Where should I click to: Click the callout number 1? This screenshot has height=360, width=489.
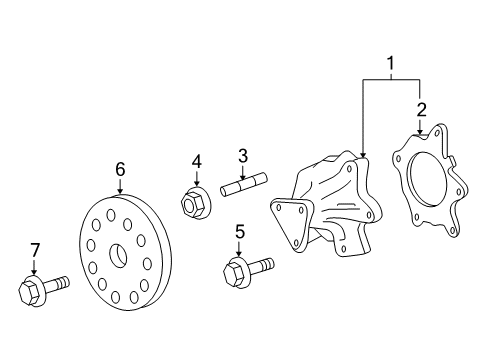(x=390, y=63)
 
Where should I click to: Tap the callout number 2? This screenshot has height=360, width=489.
(x=421, y=110)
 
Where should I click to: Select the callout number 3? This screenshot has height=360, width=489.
(x=243, y=156)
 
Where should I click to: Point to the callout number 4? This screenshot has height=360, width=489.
(x=197, y=162)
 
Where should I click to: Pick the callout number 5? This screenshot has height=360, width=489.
(x=240, y=232)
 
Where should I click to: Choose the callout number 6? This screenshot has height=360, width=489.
(x=120, y=169)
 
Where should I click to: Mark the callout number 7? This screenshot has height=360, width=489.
(x=35, y=250)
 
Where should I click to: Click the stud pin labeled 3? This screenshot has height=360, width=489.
(x=244, y=184)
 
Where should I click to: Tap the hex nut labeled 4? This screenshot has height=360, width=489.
(x=196, y=202)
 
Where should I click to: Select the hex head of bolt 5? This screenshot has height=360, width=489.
(x=235, y=273)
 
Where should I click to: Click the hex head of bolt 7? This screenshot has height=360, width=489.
(x=29, y=291)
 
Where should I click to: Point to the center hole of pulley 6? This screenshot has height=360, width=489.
(x=118, y=256)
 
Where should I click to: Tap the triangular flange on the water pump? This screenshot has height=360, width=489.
(x=291, y=224)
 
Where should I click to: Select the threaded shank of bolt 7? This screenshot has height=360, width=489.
(x=57, y=283)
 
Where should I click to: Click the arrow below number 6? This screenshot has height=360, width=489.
(x=120, y=186)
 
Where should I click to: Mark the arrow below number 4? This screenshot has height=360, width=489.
(x=197, y=178)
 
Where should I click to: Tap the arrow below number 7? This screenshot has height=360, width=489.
(x=34, y=266)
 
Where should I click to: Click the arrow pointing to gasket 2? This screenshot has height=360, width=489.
(x=420, y=126)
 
